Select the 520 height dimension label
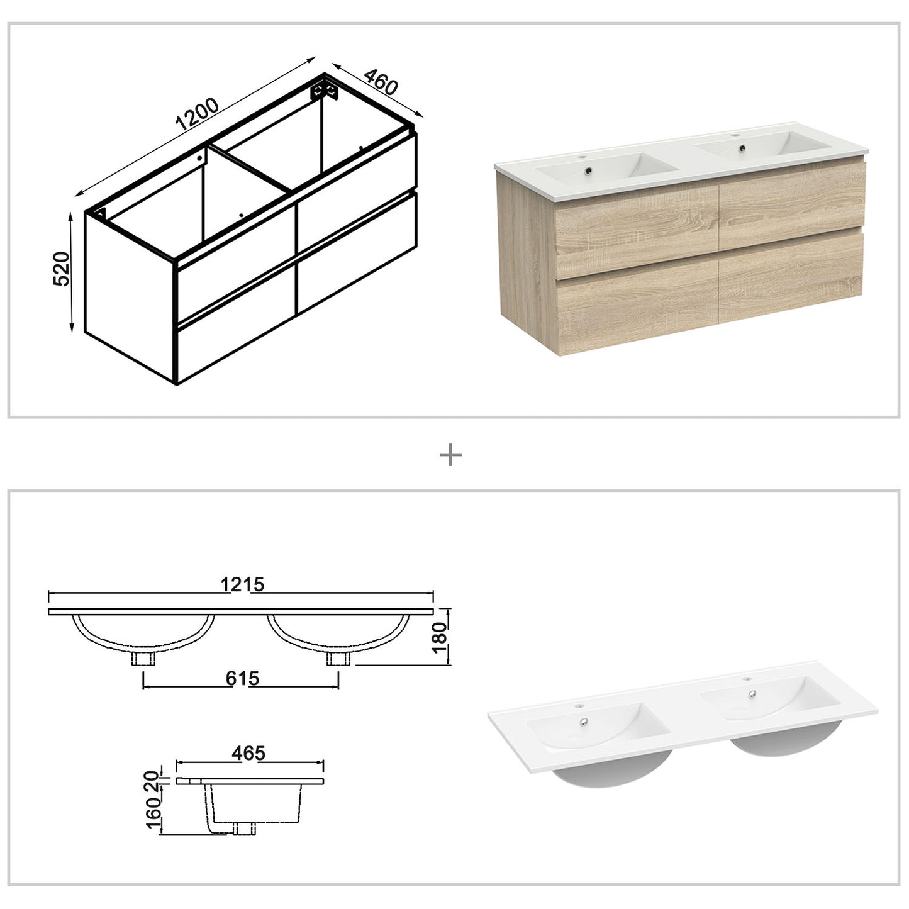tap(61, 270)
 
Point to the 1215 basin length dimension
tap(242, 585)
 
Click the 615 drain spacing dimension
tap(241, 679)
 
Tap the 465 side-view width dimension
tap(248, 753)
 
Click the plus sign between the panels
tap(450, 455)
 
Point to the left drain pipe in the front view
tap(144, 659)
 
